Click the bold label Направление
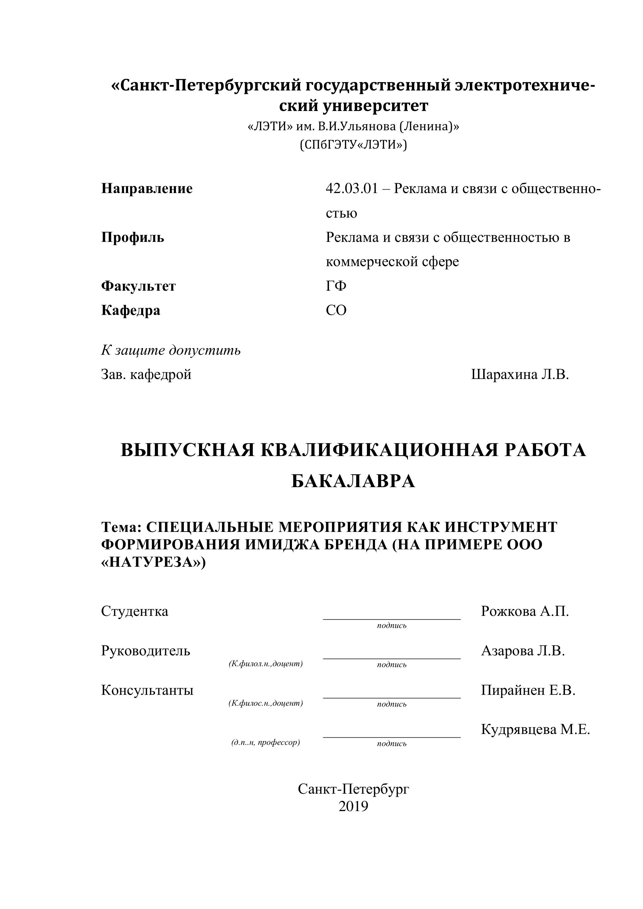click(147, 188)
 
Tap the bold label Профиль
click(133, 238)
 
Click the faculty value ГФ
click(336, 286)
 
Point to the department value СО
click(336, 310)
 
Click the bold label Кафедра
click(131, 310)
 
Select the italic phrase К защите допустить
click(171, 350)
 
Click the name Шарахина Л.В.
click(520, 375)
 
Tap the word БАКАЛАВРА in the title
click(353, 482)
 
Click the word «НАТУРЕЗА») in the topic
click(154, 562)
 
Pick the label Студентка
click(135, 611)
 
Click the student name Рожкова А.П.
click(525, 611)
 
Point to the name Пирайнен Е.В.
click(528, 690)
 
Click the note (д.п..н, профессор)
click(266, 742)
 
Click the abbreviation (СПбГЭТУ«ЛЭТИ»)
click(353, 145)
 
